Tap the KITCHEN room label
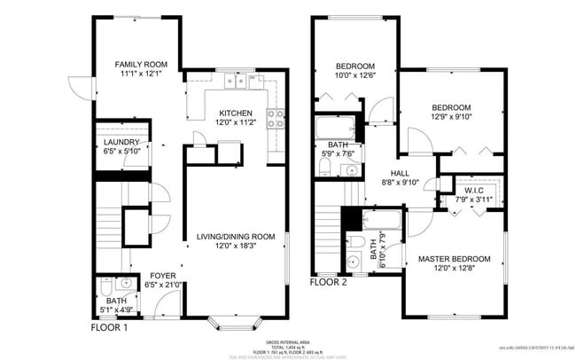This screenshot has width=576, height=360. pos(236,113)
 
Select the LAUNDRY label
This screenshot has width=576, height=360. pos(121,142)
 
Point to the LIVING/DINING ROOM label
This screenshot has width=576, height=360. pos(236,236)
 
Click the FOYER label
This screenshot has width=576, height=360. pos(162,275)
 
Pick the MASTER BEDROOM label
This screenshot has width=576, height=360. pos(454,259)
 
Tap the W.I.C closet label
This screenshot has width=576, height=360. pos(472,191)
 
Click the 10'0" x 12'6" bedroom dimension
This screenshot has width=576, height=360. pos(354,76)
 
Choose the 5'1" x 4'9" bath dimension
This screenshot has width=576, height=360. pos(115,309)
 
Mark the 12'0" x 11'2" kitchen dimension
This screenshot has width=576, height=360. pos(236,123)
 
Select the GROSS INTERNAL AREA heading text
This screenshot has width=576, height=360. pos(288,341)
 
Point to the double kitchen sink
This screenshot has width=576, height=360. pos(235,82)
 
